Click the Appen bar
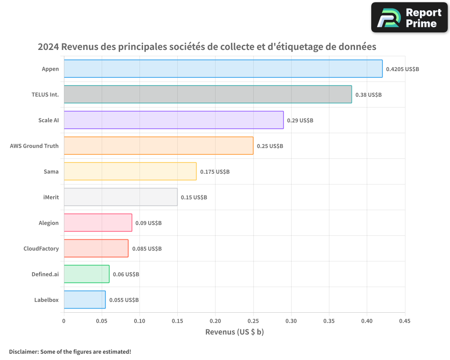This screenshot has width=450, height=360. click(x=223, y=69)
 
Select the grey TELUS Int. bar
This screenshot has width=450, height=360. click(x=207, y=94)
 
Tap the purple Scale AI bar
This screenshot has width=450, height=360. click(x=173, y=120)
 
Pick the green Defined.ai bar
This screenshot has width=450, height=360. click(x=86, y=274)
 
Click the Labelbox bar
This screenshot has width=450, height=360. click(x=85, y=300)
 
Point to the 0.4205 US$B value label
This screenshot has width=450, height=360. click(x=403, y=69)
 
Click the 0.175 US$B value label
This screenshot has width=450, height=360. click(x=215, y=172)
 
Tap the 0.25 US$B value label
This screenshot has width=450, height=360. click(x=270, y=146)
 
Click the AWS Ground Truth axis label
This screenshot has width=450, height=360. click(x=34, y=146)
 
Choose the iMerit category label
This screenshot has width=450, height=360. click(x=50, y=197)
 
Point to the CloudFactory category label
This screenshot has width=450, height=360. click(x=41, y=248)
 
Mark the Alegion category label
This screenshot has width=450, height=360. click(x=49, y=223)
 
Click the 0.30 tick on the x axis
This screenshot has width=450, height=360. click(x=291, y=321)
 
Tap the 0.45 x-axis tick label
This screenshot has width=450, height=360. click(x=405, y=321)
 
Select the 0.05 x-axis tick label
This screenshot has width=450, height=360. click(x=102, y=321)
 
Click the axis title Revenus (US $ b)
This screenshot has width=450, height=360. click(x=234, y=332)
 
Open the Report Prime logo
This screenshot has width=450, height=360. click(x=409, y=17)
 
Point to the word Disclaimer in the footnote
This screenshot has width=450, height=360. click(x=23, y=351)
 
